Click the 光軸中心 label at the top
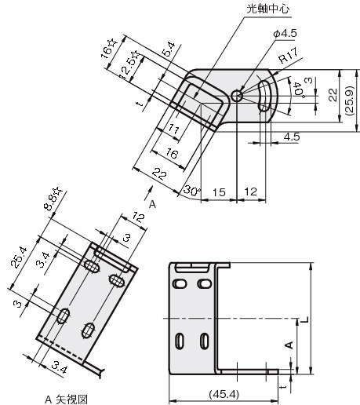coord(268,9)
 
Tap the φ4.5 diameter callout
coord(285,34)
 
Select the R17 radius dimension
coord(289,56)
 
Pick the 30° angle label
coord(192,191)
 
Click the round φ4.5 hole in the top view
coord(237,97)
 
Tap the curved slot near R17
coord(264,96)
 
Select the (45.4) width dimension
coord(224,394)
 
